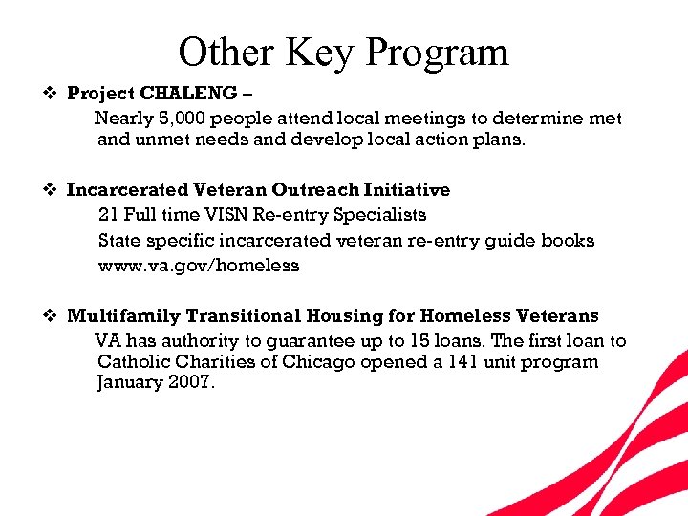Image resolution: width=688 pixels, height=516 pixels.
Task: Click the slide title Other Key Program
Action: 343,52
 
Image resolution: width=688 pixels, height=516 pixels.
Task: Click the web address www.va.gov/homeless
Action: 199,266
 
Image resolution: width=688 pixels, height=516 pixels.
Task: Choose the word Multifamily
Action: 124,315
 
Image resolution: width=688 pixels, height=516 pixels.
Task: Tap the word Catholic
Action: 133,362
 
